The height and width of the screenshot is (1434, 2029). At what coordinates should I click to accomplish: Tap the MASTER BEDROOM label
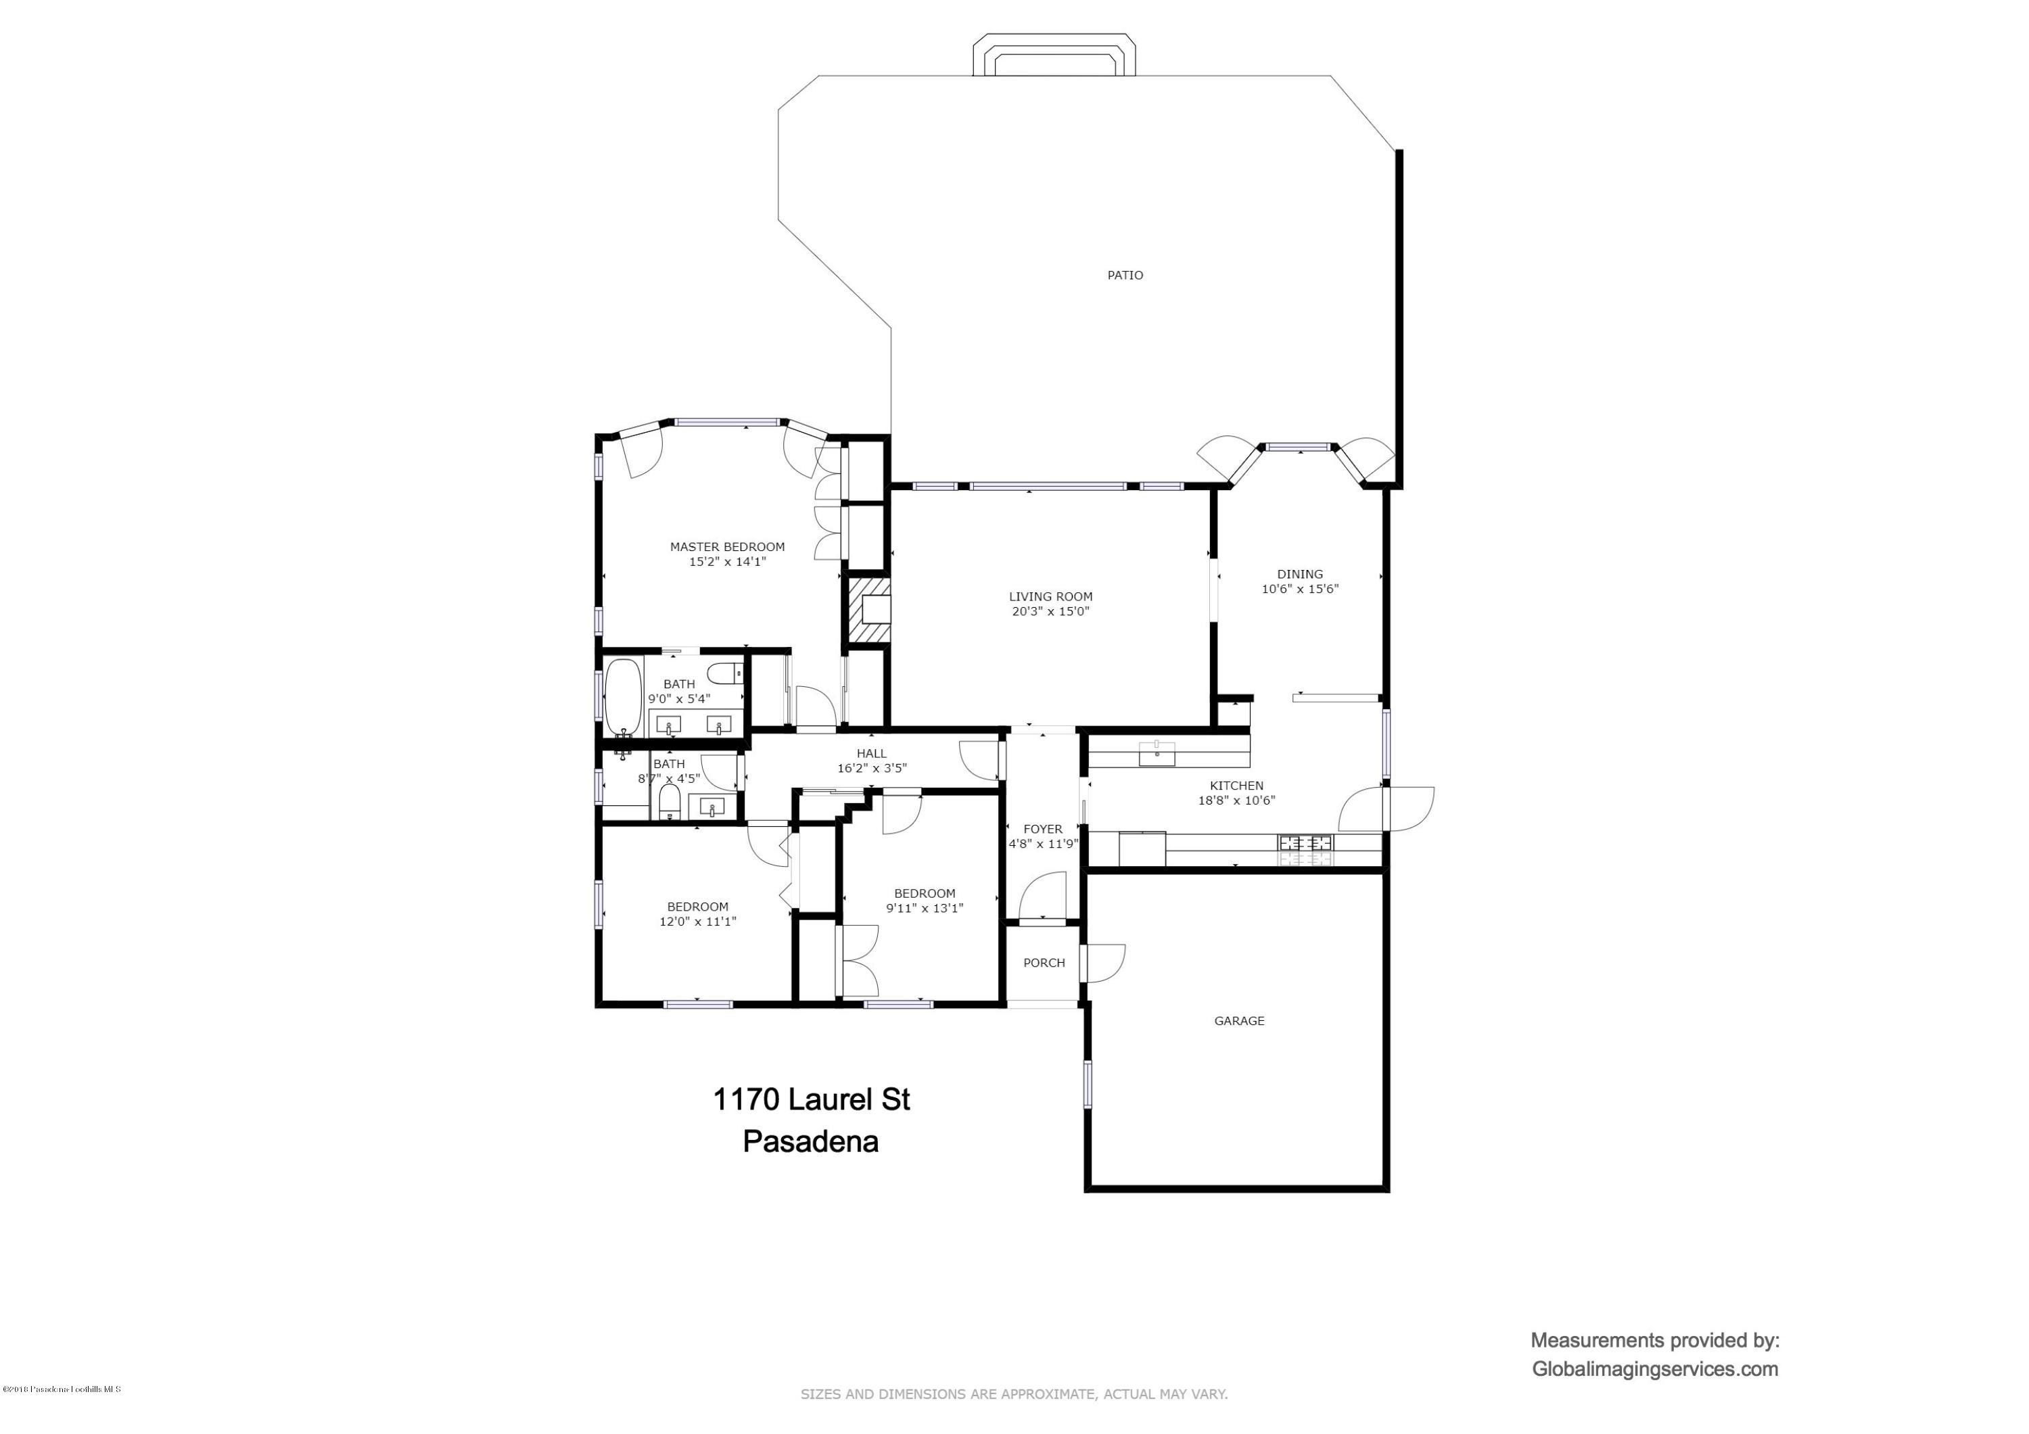pyautogui.click(x=726, y=547)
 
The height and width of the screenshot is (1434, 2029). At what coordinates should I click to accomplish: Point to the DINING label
pyautogui.click(x=1299, y=574)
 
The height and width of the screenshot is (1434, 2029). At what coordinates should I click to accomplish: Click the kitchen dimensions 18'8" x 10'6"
pyautogui.click(x=1236, y=800)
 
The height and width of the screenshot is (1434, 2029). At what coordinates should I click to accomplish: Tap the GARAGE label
pyautogui.click(x=1239, y=1020)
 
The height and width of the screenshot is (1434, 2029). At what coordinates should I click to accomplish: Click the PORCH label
pyautogui.click(x=1044, y=963)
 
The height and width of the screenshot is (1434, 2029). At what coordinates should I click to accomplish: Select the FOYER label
pyautogui.click(x=1042, y=829)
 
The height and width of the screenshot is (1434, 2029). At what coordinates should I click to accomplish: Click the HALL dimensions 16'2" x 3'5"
pyautogui.click(x=871, y=769)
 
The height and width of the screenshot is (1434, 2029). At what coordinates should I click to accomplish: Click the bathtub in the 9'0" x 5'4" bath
pyautogui.click(x=622, y=698)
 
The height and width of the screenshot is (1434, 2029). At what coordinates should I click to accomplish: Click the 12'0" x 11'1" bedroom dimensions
pyautogui.click(x=697, y=922)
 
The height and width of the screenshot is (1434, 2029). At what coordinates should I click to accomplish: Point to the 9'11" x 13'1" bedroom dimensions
pyautogui.click(x=925, y=907)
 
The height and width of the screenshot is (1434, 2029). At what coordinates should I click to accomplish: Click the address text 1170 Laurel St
pyautogui.click(x=810, y=1100)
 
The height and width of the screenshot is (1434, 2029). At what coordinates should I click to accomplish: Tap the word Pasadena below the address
pyautogui.click(x=810, y=1141)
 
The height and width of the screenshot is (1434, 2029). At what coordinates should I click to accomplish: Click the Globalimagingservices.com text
pyautogui.click(x=1654, y=1370)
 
